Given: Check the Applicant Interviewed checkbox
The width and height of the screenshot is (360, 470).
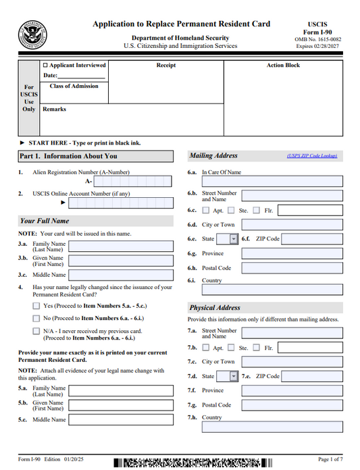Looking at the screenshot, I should (46, 66).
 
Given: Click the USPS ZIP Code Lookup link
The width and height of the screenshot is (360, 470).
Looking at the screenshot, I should (311, 156).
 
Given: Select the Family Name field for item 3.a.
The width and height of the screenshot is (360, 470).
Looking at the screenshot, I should (125, 246).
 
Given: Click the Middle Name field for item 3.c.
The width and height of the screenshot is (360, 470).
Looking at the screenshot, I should (125, 275).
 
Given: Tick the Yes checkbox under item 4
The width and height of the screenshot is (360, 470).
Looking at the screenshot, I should (36, 305).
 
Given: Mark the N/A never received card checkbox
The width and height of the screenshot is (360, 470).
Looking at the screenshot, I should (36, 331).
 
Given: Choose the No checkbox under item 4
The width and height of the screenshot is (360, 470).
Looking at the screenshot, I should (36, 318).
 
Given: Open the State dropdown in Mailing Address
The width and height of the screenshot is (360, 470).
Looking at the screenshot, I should (234, 239).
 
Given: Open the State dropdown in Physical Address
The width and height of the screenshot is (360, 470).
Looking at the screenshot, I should (234, 376).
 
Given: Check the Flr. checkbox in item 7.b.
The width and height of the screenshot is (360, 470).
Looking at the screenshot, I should (257, 348).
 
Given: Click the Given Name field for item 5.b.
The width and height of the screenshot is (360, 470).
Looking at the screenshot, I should (125, 405).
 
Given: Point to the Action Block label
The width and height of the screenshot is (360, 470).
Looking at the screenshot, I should (283, 66).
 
